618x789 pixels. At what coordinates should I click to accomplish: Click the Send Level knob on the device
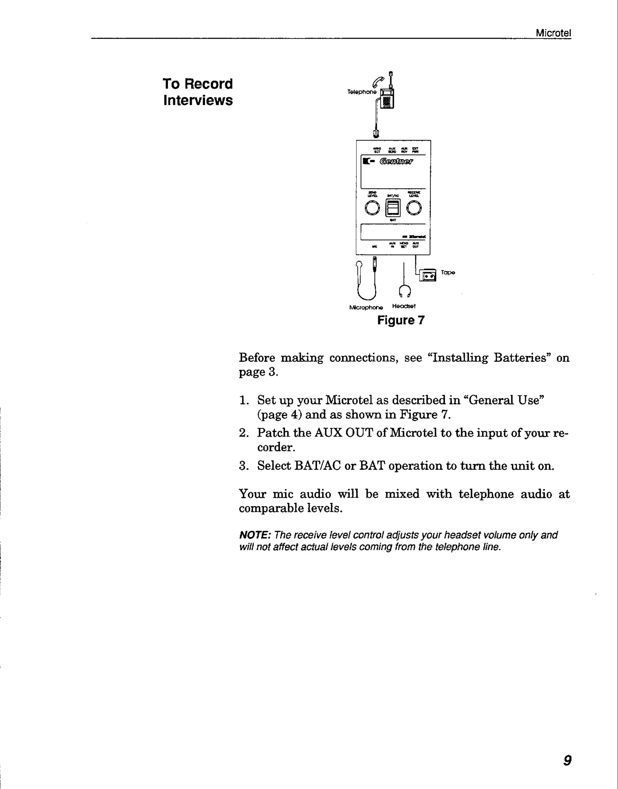(x=372, y=208)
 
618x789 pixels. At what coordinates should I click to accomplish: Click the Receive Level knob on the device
(x=414, y=208)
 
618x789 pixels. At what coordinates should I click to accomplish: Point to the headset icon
(x=405, y=291)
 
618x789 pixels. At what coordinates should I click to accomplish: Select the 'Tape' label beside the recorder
(x=448, y=273)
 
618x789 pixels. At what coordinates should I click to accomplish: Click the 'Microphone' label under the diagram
(x=366, y=308)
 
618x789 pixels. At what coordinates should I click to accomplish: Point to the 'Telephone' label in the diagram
(x=362, y=92)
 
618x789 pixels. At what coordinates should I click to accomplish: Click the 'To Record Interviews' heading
(x=198, y=92)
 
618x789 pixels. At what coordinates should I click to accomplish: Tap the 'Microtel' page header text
(x=553, y=33)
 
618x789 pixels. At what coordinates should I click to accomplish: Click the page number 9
(x=568, y=760)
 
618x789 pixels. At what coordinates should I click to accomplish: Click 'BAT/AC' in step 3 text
(x=318, y=465)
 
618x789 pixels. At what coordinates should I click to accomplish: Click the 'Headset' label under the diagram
(x=404, y=306)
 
